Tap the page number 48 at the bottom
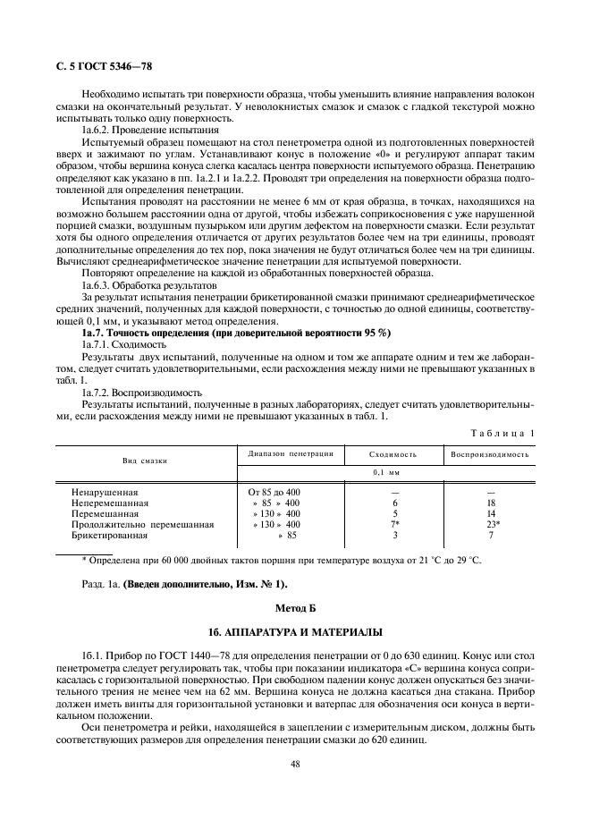(x=294, y=764)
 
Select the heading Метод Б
(x=294, y=606)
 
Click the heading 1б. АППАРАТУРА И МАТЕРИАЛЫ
(x=294, y=630)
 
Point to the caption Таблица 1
(x=502, y=433)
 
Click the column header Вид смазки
(x=145, y=460)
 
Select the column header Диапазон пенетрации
(x=285, y=453)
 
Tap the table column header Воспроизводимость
(x=489, y=454)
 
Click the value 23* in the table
(x=491, y=525)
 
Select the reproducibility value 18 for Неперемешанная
(x=491, y=503)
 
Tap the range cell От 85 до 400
(x=274, y=493)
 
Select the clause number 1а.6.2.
(x=97, y=130)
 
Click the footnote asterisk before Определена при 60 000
(x=84, y=560)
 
